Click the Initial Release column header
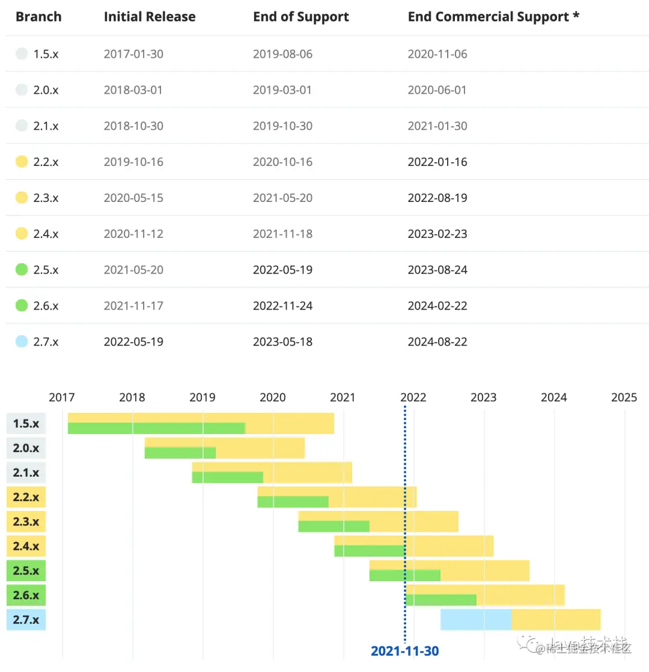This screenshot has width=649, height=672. [149, 17]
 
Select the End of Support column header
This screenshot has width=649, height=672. [300, 17]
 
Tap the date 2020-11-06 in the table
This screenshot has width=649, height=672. [437, 54]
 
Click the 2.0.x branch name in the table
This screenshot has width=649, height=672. [46, 90]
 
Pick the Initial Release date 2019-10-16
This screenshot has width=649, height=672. [133, 162]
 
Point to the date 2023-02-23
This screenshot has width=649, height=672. [437, 234]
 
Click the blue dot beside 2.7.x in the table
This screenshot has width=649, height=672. [22, 341]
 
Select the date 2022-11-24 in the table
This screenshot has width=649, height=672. [282, 306]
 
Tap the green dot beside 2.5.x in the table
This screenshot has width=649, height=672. [22, 270]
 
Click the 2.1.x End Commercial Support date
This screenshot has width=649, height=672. [437, 126]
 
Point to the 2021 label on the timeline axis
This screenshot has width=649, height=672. [343, 397]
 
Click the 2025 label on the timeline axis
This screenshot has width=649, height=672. [624, 397]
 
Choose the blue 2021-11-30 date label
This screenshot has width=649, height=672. [404, 651]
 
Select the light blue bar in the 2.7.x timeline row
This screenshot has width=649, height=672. [476, 619]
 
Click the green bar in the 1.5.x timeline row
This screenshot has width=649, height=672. [156, 429]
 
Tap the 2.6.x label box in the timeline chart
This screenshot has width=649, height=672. [26, 595]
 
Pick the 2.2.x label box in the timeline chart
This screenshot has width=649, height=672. [26, 497]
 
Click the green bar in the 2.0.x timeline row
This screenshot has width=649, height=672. [180, 453]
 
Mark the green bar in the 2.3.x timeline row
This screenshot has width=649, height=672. [334, 527]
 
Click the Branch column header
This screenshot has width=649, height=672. [38, 17]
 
